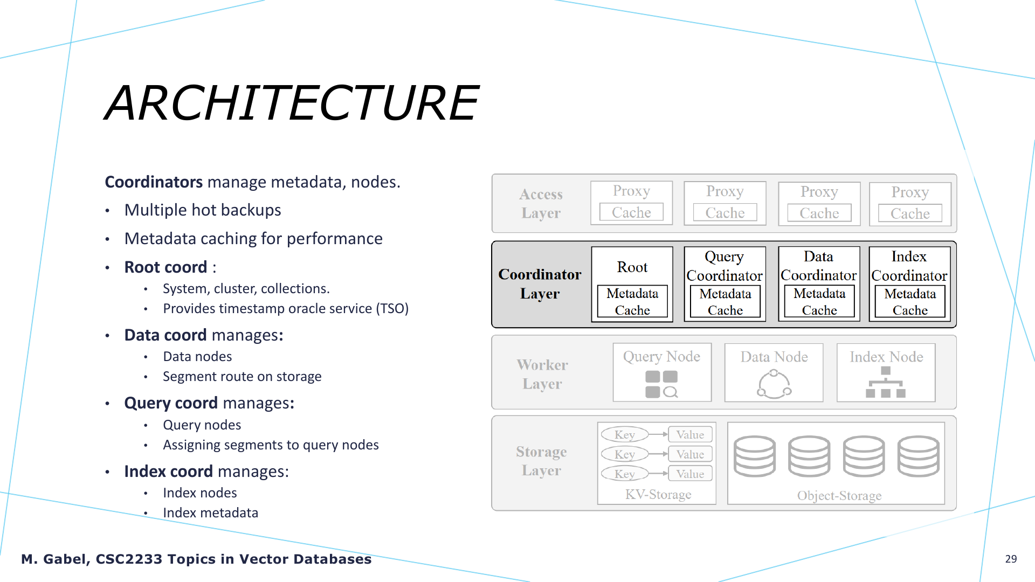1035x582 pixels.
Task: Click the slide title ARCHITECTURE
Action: tap(292, 102)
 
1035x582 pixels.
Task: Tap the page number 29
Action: tap(1011, 559)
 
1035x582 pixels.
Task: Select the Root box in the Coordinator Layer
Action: tap(632, 284)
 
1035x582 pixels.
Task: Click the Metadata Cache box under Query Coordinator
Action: tap(725, 302)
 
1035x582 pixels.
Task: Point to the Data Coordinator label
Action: tap(818, 266)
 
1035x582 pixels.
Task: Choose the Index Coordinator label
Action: tap(909, 266)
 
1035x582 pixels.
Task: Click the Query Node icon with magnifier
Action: tap(661, 384)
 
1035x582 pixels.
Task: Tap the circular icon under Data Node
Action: tap(774, 384)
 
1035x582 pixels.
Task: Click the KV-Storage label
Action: tap(658, 494)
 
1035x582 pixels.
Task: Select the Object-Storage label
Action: tap(839, 495)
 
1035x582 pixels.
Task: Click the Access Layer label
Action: tap(541, 203)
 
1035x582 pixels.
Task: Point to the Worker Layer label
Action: tap(542, 374)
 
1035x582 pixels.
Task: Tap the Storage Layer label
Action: tap(541, 461)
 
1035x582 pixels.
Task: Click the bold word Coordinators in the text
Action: tap(154, 182)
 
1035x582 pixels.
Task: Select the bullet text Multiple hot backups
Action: tap(203, 210)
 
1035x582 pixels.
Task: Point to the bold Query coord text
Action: tap(171, 403)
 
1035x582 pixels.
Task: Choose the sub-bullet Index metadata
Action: tap(210, 512)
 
